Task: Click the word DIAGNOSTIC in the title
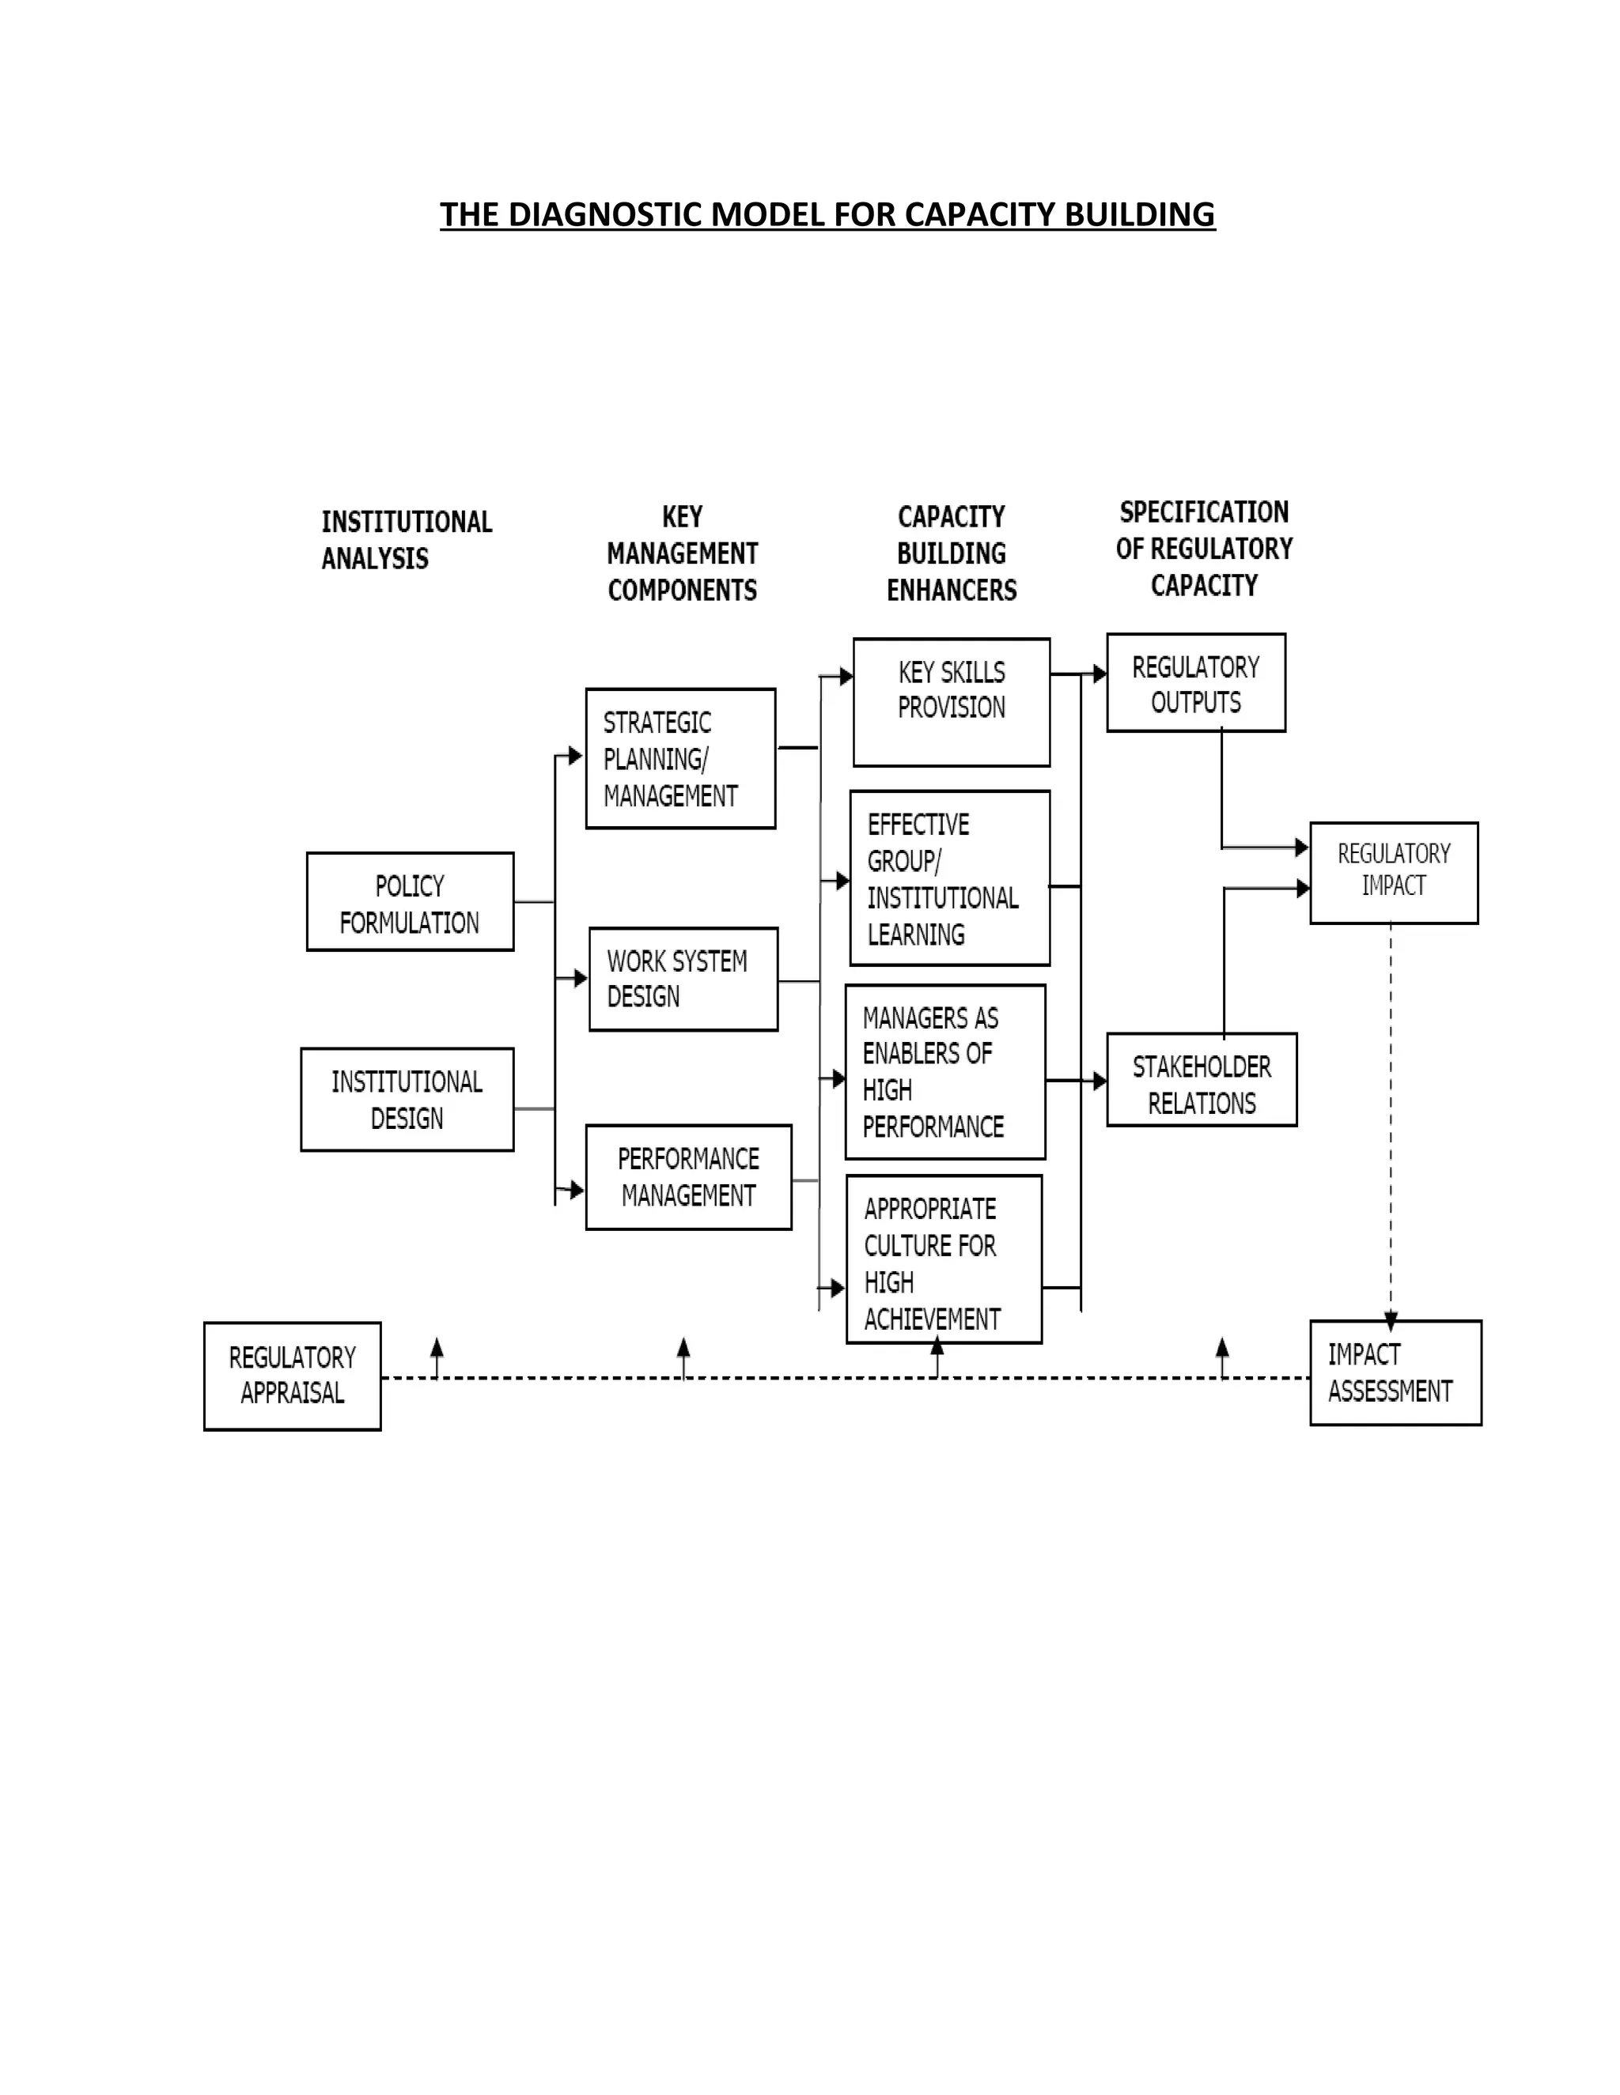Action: tap(607, 214)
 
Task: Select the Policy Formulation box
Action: tap(410, 902)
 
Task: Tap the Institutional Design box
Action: tap(407, 1100)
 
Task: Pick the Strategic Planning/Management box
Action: tap(680, 759)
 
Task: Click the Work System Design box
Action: tap(683, 980)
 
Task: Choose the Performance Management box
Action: tap(688, 1177)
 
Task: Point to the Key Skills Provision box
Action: tap(951, 702)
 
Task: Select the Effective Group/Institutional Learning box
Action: tap(949, 878)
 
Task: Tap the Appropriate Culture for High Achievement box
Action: tap(944, 1259)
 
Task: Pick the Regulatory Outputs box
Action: tap(1196, 683)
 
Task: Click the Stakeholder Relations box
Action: tap(1202, 1080)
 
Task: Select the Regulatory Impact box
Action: tap(1394, 873)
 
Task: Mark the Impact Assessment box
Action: tap(1395, 1372)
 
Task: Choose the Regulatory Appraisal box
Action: tap(293, 1376)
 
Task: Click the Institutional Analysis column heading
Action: tap(406, 540)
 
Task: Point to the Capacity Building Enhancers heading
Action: tap(951, 553)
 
